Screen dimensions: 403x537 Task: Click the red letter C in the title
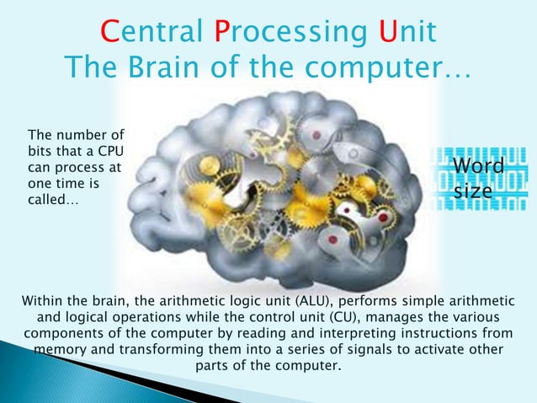click(109, 32)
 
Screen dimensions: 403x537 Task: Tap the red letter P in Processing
click(221, 32)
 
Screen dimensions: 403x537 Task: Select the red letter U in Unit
click(388, 32)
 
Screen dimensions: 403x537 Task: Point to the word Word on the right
click(479, 167)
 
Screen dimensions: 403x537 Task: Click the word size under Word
click(473, 191)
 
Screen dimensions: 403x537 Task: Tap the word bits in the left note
click(40, 151)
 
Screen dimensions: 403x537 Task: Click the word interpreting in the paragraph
click(366, 334)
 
